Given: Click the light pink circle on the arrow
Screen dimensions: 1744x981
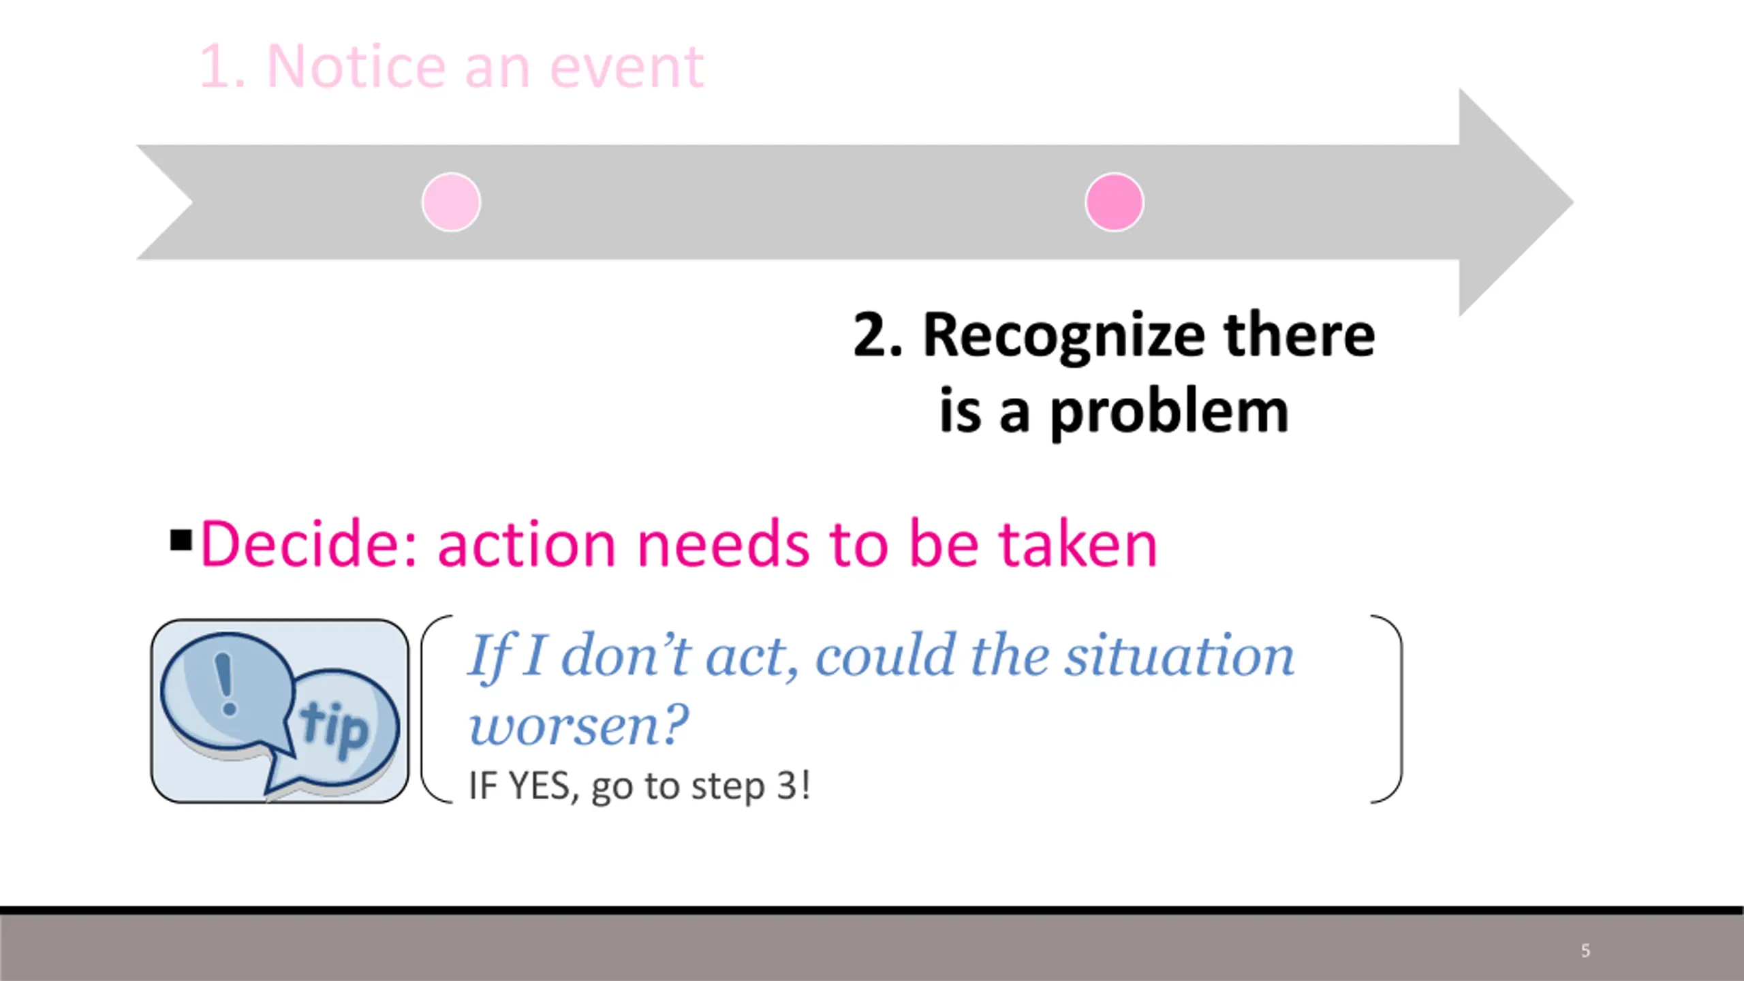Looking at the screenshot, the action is click(x=451, y=202).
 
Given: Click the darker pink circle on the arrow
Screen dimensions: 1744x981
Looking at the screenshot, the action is click(x=1115, y=202).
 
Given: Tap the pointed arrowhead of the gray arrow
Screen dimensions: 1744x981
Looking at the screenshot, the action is click(x=1572, y=202).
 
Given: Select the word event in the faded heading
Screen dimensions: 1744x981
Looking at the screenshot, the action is click(x=627, y=68).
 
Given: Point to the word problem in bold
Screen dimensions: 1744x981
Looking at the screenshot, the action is click(x=1169, y=413).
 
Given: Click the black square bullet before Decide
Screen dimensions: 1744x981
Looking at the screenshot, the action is click(x=181, y=540).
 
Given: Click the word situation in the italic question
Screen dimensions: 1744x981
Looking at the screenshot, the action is click(x=1179, y=655).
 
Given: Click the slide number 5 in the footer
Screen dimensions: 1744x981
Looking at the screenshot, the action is click(x=1585, y=950).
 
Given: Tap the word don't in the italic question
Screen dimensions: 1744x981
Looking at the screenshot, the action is click(x=626, y=655).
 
